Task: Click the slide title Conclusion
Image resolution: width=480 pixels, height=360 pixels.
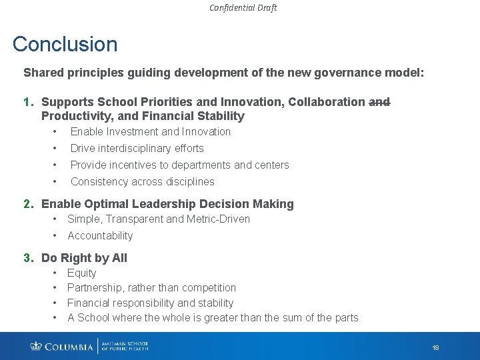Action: pos(65,44)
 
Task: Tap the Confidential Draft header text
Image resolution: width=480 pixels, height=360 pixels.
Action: pos(243,8)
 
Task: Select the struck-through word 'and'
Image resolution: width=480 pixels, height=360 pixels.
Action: pos(379,102)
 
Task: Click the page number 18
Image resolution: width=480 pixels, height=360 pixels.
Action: pos(435,348)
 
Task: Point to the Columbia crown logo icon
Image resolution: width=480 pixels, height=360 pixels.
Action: pos(36,346)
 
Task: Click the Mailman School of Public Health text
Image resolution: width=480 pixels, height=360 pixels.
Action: pos(125,346)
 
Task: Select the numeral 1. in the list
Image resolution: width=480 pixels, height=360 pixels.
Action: pos(29,102)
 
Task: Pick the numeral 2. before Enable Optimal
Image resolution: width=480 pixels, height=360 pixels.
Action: pos(29,204)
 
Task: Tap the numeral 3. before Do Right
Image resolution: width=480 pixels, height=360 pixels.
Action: pos(29,258)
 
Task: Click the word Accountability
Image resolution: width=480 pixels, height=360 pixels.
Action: pos(100,235)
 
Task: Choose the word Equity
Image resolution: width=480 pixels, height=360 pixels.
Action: pos(82,273)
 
